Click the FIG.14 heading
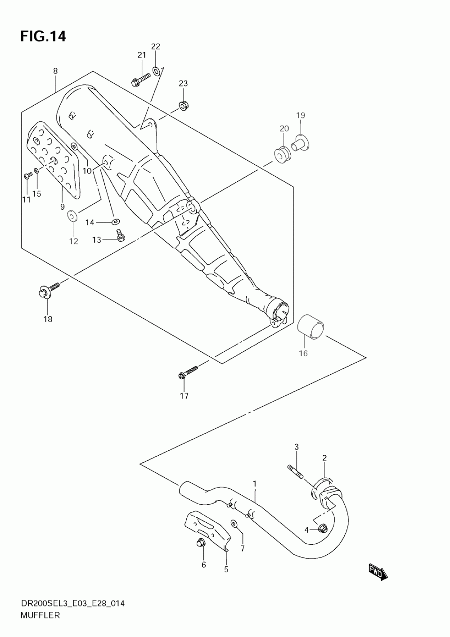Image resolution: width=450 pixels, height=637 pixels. point(43,36)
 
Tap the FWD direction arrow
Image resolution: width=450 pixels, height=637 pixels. point(378,572)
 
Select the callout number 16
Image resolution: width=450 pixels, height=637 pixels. point(303,354)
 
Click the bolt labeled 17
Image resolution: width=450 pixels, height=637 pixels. point(188,372)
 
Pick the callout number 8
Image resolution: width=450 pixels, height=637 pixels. point(55,71)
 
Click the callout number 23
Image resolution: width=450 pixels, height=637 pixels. point(183,83)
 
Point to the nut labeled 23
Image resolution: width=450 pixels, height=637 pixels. point(183,106)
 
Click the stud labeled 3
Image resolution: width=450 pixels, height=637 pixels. point(295,472)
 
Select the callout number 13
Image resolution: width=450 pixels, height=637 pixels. point(97,240)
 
